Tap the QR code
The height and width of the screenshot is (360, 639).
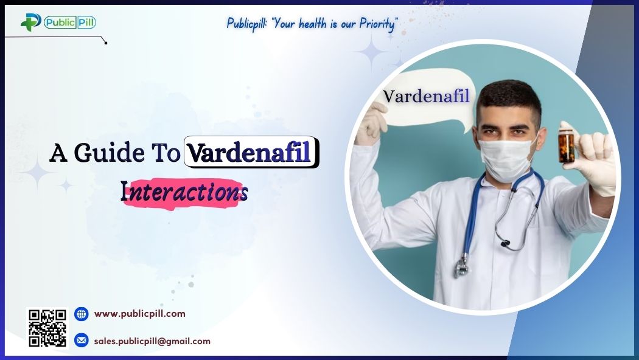pyautogui.click(x=47, y=328)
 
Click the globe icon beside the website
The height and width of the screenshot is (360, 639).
pyautogui.click(x=81, y=314)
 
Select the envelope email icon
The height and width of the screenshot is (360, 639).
pyautogui.click(x=81, y=341)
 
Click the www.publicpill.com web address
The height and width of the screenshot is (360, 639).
pyautogui.click(x=139, y=314)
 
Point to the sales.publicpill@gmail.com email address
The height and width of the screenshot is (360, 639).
pyautogui.click(x=152, y=341)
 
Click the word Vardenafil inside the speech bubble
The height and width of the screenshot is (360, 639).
pyautogui.click(x=426, y=96)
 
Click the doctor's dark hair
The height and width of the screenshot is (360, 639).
pyautogui.click(x=509, y=97)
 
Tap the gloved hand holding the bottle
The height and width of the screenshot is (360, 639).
pyautogui.click(x=593, y=161)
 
